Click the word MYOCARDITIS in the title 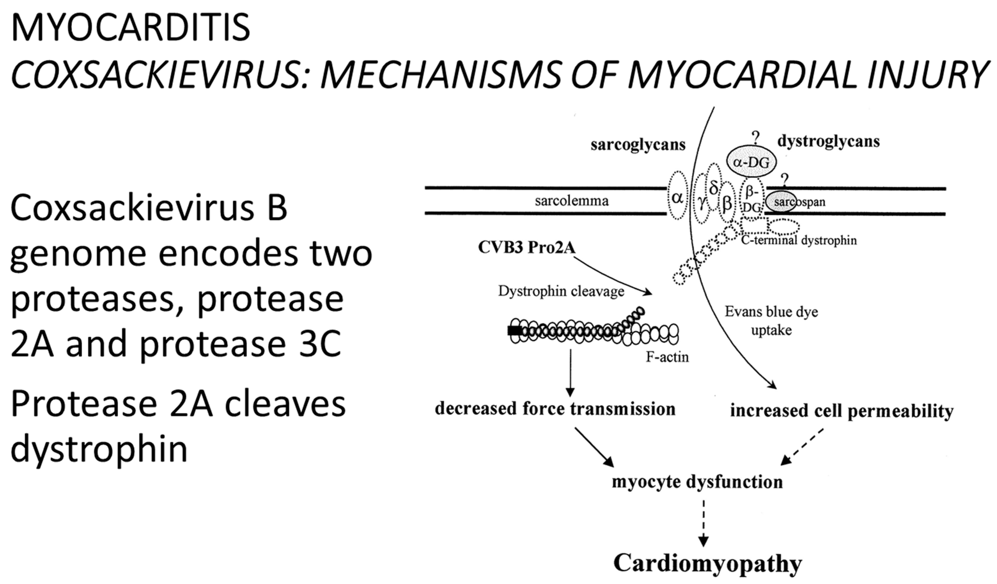coord(131,28)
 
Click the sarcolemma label coord(571,201)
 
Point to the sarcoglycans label coord(638,145)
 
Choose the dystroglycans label coord(829,141)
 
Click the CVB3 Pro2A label coord(526,247)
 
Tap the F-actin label coord(667,357)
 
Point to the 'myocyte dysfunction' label coord(697,482)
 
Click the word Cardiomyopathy coord(707,563)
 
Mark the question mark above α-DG coord(756,138)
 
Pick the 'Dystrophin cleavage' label coord(561,291)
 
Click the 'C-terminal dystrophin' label coord(798,240)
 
